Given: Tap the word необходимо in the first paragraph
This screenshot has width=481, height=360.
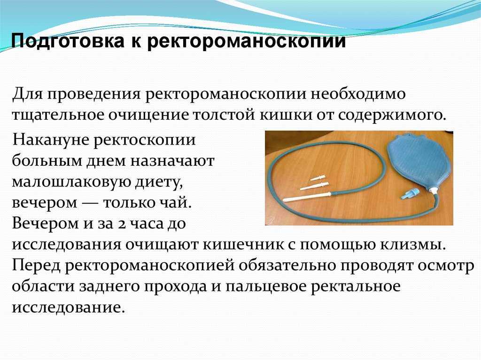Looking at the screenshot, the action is pyautogui.click(x=358, y=94).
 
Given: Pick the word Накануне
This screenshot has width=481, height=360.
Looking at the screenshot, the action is pyautogui.click(x=50, y=140).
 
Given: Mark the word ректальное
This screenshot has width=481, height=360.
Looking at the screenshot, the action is pyautogui.click(x=356, y=286).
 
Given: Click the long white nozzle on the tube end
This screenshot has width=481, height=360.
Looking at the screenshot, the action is pyautogui.click(x=307, y=197).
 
